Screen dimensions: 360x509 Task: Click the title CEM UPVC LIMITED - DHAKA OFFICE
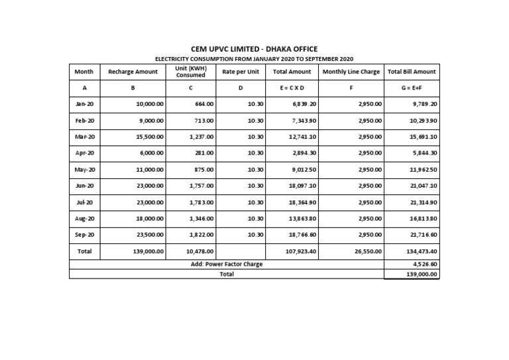(254, 49)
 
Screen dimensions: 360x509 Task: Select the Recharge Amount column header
(133, 72)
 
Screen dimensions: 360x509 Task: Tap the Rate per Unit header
(241, 72)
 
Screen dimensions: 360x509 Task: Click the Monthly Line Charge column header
(351, 72)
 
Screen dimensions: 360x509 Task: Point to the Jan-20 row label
(84, 104)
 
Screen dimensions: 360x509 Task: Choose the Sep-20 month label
(84, 235)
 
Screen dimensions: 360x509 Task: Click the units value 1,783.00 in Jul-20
(201, 202)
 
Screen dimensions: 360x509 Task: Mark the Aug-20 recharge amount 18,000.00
(149, 219)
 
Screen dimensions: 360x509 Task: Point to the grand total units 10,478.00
(199, 252)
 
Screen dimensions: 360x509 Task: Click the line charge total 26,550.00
(367, 252)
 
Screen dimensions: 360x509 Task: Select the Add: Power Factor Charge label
(227, 265)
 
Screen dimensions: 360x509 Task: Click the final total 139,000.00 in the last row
(422, 274)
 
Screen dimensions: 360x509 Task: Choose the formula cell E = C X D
(292, 88)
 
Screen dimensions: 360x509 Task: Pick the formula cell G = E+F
(411, 88)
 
